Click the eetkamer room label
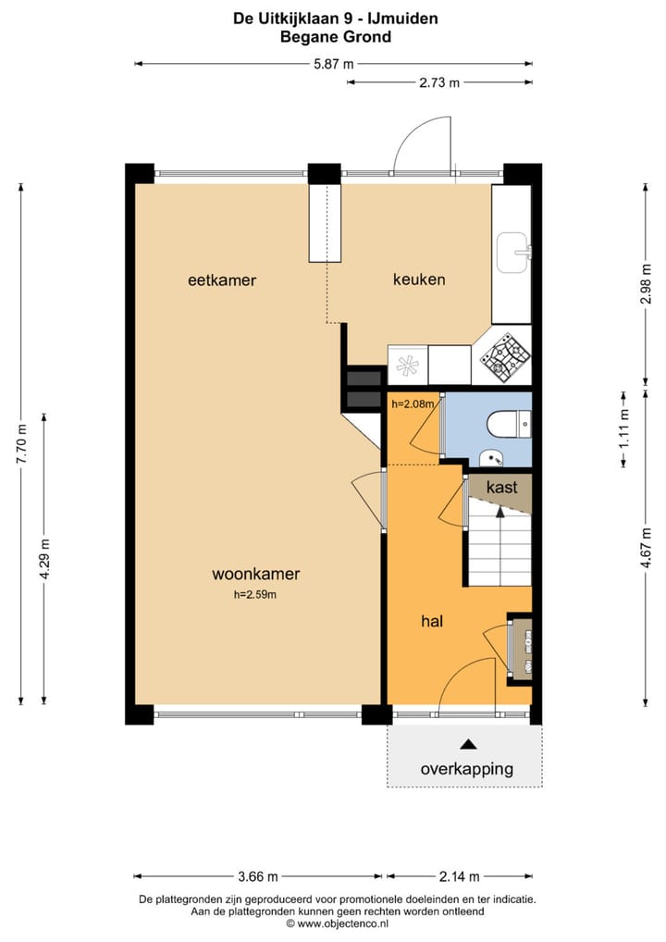pyautogui.click(x=221, y=279)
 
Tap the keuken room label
pyautogui.click(x=419, y=279)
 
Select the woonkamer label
pyautogui.click(x=255, y=574)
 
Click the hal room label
pyautogui.click(x=432, y=622)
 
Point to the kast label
pyautogui.click(x=501, y=487)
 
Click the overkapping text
pyautogui.click(x=466, y=769)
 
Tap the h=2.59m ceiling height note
pyautogui.click(x=255, y=595)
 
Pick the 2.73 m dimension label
pyautogui.click(x=440, y=82)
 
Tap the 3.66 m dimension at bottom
pyautogui.click(x=258, y=876)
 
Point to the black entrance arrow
pyautogui.click(x=468, y=744)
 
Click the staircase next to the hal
pyautogui.click(x=499, y=546)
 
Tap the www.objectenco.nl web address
pyautogui.click(x=337, y=923)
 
